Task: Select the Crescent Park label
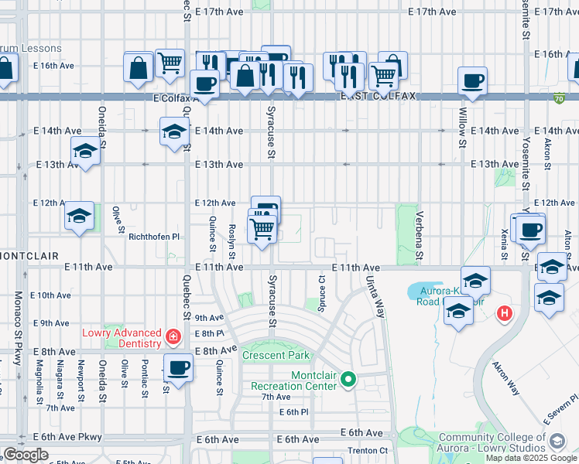click(x=276, y=356)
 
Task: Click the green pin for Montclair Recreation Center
click(x=348, y=379)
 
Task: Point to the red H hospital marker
click(x=504, y=313)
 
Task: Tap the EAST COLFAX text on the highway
click(x=379, y=96)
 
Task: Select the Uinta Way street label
click(x=375, y=298)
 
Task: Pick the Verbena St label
click(x=420, y=235)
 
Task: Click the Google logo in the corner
click(x=26, y=455)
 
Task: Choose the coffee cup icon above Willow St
click(x=471, y=80)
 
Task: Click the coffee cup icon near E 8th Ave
click(x=178, y=368)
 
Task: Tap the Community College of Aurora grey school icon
click(x=556, y=442)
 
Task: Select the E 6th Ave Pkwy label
click(x=67, y=437)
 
